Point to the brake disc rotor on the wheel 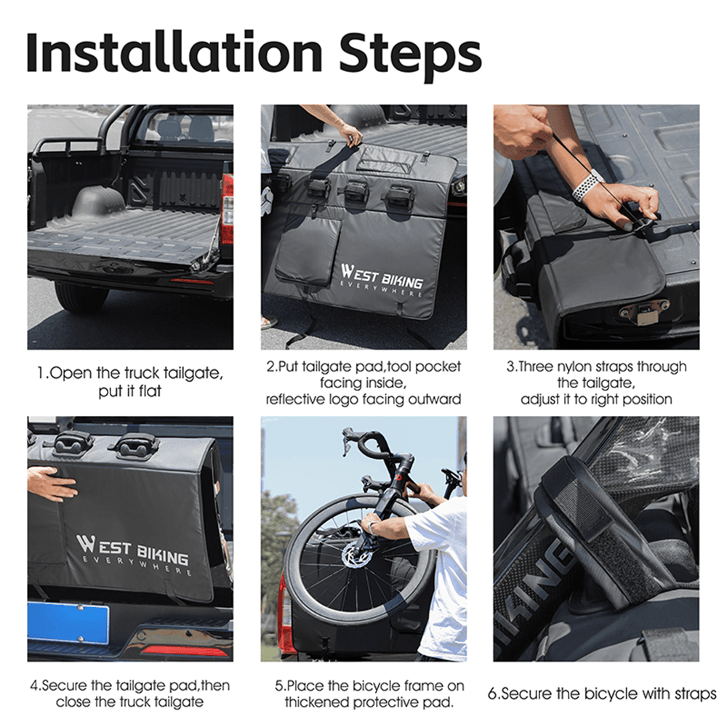[357, 556]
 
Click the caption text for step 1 [130, 382]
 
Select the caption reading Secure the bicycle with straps [601, 694]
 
